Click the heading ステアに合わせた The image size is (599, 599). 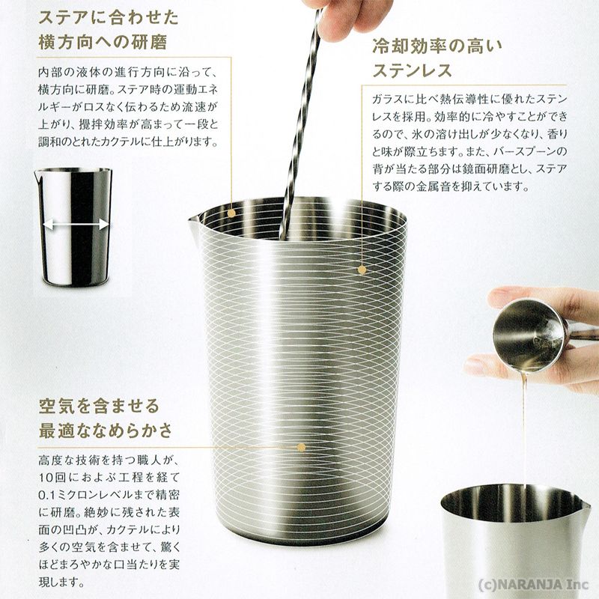pos(109,17)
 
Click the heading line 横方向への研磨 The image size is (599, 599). pos(103,42)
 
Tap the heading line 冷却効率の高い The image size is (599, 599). pos(437,46)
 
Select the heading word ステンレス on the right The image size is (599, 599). pos(412,70)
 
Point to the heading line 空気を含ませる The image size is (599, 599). pos(99,405)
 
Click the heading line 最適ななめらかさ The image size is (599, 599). pos(106,431)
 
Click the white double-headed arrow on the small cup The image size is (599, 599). pos(76,225)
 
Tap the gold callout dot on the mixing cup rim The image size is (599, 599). pos(231,213)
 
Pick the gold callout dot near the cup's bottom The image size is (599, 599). pos(302,447)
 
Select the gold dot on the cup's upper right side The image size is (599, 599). pos(362,270)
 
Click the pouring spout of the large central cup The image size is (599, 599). pos(194,222)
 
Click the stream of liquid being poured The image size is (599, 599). pos(525,428)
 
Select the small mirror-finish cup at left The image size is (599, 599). pos(73,227)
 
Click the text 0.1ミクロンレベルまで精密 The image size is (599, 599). pos(109,495)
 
